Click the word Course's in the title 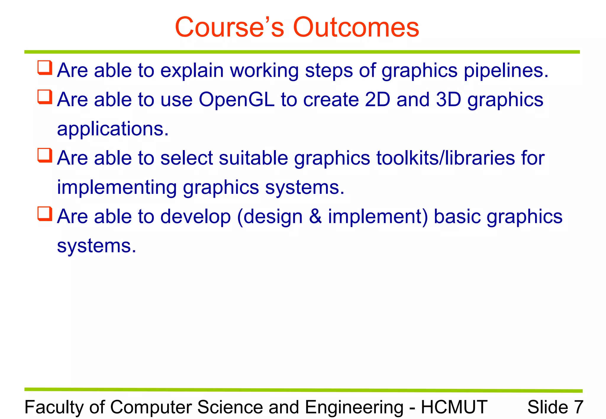point(229,27)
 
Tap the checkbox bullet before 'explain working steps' point(45,68)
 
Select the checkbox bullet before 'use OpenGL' point(45,97)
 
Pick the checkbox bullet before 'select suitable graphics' point(45,155)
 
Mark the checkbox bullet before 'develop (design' point(45,214)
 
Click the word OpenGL point(236,100)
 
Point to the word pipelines point(506,71)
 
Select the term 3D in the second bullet point(449,100)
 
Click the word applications point(112,129)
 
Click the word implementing point(117,188)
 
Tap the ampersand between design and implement point(315,216)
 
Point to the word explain point(192,71)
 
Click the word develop point(195,217)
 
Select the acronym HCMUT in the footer point(454,407)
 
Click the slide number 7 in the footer point(578,407)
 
